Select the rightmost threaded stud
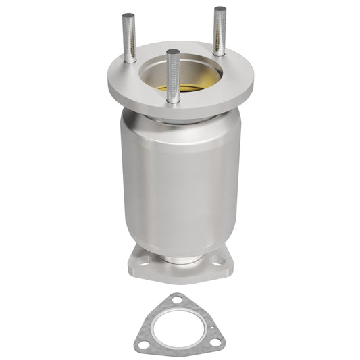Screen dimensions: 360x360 (220, 30)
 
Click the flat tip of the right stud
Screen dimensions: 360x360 (220, 9)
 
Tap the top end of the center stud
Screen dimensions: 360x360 (173, 51)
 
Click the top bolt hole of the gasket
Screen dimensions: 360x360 (176, 299)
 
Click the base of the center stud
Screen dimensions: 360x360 (174, 99)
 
